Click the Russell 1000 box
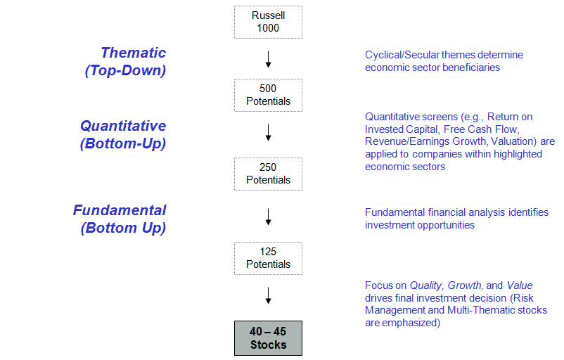coord(268,22)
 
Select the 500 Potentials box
coord(268,96)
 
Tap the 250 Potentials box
coord(268,174)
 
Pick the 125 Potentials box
coord(268,259)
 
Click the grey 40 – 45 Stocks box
coord(268,338)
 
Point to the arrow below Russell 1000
coord(268,59)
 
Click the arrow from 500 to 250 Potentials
coord(268,132)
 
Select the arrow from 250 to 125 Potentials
coord(268,217)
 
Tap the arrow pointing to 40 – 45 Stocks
coord(268,295)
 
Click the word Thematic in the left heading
coord(134,53)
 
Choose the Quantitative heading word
coord(123,126)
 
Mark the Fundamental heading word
coord(120,210)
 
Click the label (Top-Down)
coord(126,70)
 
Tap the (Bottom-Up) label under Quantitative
coord(123,143)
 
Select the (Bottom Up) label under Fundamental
coord(123,228)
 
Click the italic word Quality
coord(426,285)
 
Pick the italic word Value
coord(520,285)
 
